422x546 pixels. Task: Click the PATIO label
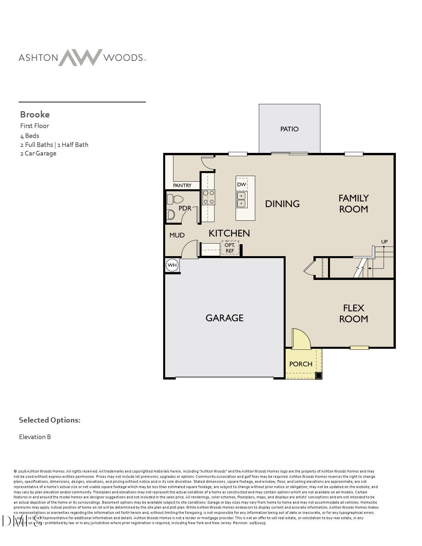pos(289,129)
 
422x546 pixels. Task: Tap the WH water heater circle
pos(172,265)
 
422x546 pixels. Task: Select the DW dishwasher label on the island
pos(242,184)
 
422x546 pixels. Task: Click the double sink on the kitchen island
pos(242,200)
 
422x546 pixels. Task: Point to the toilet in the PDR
pos(175,199)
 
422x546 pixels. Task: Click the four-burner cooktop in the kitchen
pos(209,197)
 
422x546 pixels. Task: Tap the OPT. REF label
pos(230,248)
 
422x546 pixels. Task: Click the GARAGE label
pos(224,318)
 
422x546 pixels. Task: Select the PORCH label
pos(301,364)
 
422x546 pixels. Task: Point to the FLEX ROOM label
pos(353,313)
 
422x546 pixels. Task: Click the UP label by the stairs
pos(384,242)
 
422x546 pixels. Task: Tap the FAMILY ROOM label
pos(353,204)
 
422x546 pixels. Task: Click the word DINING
pos(282,204)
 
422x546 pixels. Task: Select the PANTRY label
pos(182,185)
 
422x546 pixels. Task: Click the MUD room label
pos(177,235)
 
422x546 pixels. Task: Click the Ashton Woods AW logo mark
pos(80,58)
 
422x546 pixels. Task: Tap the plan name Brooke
pos(35,114)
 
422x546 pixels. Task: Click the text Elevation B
pos(35,437)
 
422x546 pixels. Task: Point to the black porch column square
pos(318,376)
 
